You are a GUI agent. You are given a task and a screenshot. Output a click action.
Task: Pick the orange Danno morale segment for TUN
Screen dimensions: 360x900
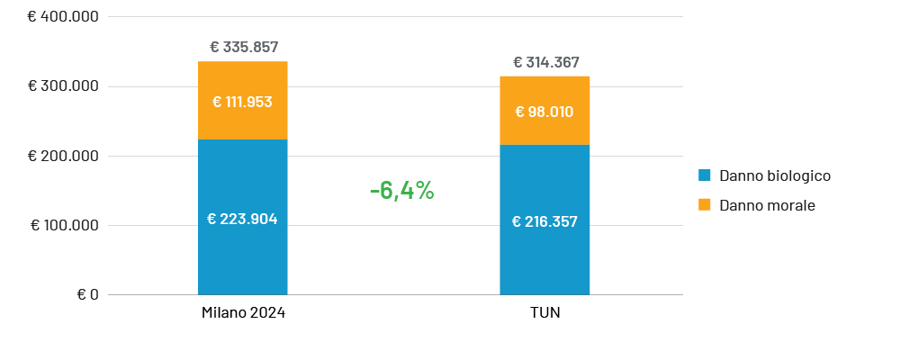tap(544, 90)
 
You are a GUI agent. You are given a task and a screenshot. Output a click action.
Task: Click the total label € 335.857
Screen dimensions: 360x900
tap(243, 47)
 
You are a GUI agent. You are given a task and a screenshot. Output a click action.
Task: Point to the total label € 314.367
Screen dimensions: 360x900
tap(545, 62)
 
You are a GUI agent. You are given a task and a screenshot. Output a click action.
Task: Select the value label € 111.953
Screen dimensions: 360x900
tap(242, 102)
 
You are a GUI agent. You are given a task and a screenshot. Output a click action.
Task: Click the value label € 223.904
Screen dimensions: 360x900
tap(242, 219)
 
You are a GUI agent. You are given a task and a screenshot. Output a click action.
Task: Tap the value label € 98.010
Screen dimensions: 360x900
tap(544, 112)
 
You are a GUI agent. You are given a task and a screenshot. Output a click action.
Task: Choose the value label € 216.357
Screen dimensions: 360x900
tap(544, 221)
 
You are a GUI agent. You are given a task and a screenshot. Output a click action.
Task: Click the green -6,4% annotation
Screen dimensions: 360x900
tap(401, 191)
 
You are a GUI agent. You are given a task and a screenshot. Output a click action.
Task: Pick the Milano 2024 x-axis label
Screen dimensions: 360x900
tap(243, 312)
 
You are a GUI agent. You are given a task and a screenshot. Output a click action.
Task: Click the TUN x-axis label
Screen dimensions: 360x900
tap(545, 312)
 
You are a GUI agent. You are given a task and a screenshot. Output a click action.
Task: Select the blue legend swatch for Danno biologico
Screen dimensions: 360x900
tap(704, 175)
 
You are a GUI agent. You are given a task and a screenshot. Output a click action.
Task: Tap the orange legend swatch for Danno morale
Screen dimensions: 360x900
tap(704, 205)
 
